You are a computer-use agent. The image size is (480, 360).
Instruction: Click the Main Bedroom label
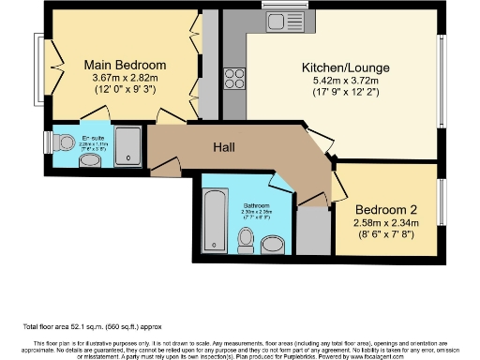point(125,65)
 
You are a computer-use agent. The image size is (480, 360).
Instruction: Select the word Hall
point(222,147)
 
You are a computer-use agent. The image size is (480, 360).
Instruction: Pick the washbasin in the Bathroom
point(273,245)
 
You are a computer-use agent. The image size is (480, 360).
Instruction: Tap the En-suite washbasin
point(91,161)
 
